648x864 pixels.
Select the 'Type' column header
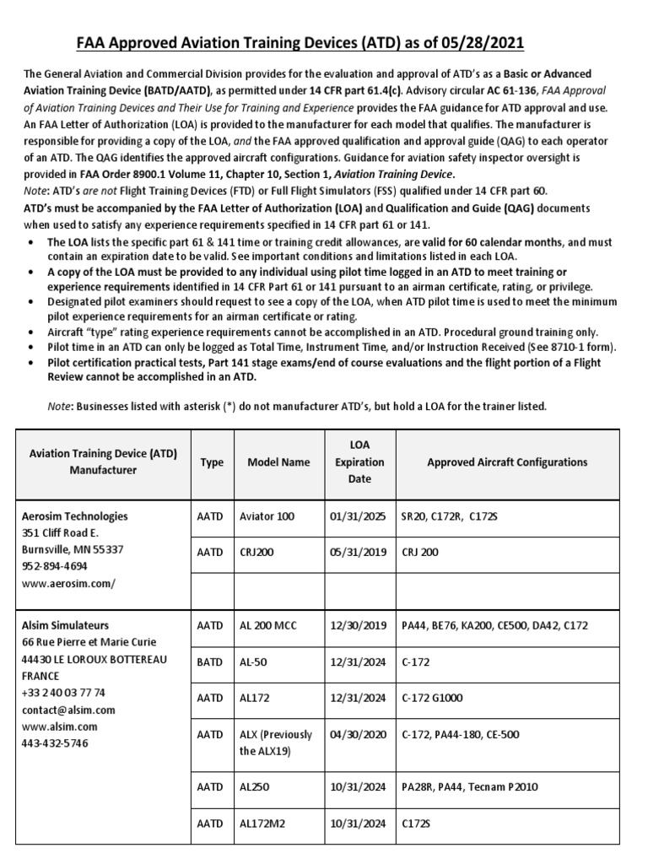[x=212, y=462]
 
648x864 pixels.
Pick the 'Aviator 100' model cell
[x=267, y=516]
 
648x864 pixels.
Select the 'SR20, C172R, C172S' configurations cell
[x=450, y=516]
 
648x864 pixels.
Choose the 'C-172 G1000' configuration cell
[x=437, y=698]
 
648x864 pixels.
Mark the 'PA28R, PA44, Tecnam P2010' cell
[x=469, y=787]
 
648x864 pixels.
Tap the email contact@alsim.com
[x=67, y=710]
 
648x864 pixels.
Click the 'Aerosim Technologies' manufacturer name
[x=74, y=516]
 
